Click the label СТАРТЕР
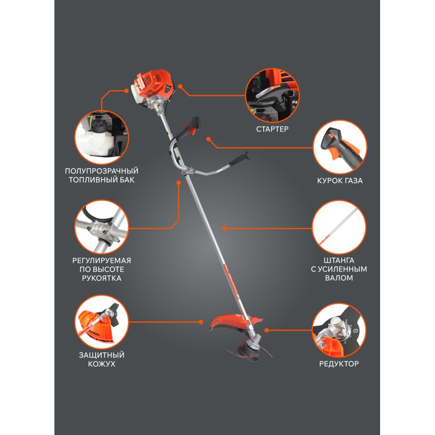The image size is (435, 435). click(x=272, y=129)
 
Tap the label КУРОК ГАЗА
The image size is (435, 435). click(x=340, y=181)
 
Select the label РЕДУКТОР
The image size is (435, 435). click(x=339, y=364)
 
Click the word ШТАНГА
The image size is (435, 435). click(x=339, y=260)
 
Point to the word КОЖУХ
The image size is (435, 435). click(x=102, y=364)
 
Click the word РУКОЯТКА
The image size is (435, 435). click(x=102, y=278)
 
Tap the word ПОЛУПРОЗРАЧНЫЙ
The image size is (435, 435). click(x=102, y=171)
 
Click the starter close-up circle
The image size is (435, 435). click(x=272, y=96)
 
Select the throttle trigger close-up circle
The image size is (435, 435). click(x=340, y=147)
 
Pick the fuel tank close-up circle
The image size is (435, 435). click(x=102, y=138)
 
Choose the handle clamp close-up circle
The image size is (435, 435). click(x=102, y=227)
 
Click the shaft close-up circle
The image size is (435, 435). click(x=339, y=227)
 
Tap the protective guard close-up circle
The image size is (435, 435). click(x=102, y=322)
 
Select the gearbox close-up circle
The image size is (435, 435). click(x=339, y=331)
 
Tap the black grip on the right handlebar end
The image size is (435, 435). click(x=239, y=159)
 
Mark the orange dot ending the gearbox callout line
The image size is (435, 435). click(x=266, y=330)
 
